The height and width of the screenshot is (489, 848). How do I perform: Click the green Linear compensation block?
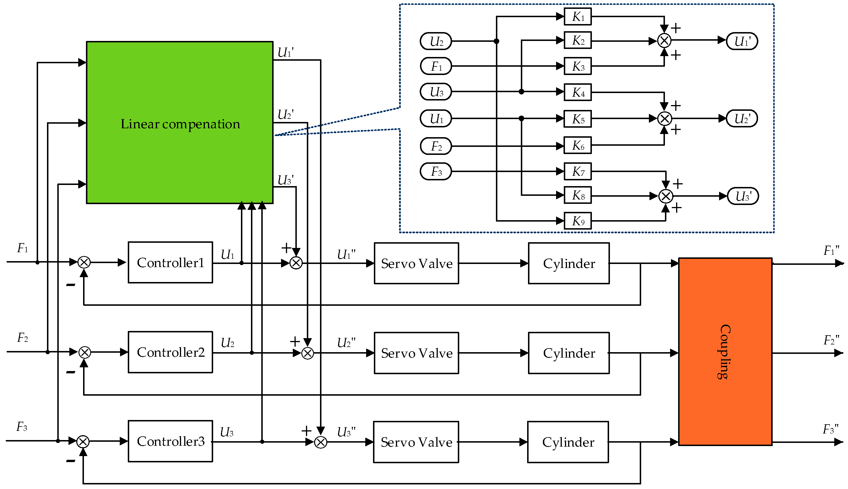180,123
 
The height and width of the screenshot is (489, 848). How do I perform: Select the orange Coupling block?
725,352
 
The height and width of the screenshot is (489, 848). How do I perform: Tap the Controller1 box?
170,263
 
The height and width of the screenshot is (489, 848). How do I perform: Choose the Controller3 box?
170,441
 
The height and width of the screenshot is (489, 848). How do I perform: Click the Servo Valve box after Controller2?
416,353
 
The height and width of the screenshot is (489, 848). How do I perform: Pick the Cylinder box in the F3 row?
568,442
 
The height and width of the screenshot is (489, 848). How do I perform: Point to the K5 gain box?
578,119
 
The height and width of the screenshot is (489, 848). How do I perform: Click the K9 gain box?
578,221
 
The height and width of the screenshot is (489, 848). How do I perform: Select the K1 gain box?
578,16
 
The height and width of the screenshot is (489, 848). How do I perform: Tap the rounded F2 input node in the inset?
436,146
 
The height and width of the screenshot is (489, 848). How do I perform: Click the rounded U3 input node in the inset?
436,92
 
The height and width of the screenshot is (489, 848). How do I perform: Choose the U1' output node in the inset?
742,41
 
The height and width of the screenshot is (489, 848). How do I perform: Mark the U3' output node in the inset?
743,196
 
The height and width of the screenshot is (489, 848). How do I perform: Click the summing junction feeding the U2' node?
664,119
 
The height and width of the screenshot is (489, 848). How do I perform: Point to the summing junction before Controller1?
84,262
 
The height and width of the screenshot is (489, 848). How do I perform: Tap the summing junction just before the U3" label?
321,442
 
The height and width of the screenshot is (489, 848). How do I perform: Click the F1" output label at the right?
831,251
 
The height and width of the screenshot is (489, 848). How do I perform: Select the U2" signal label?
346,343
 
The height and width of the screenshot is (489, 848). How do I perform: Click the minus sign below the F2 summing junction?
70,372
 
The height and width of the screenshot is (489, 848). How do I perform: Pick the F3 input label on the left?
22,427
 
